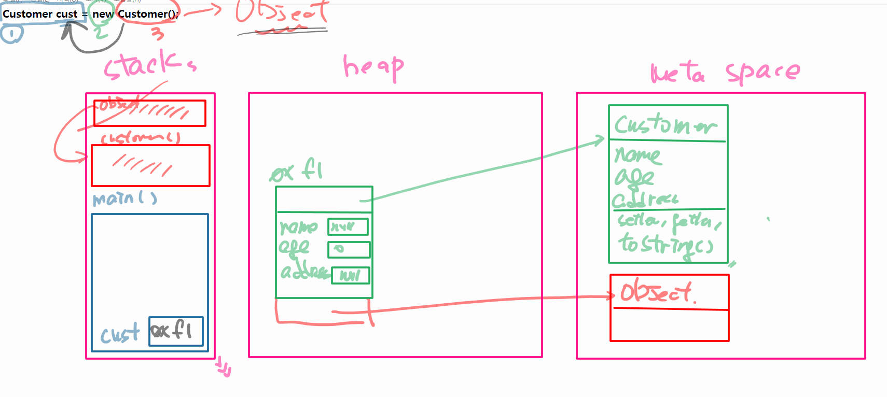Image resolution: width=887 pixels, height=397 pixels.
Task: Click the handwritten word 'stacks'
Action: [x=149, y=65]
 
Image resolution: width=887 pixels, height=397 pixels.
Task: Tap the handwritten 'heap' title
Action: [x=373, y=67]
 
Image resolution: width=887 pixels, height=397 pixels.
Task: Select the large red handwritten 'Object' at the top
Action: [x=282, y=12]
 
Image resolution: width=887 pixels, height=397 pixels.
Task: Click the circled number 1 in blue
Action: [x=11, y=34]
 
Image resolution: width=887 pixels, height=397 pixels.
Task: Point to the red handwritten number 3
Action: [x=157, y=34]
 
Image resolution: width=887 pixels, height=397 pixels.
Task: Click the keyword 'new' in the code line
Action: [x=102, y=15]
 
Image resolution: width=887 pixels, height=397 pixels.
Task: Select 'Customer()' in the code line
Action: [x=148, y=15]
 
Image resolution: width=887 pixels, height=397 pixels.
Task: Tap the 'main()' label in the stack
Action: [x=124, y=198]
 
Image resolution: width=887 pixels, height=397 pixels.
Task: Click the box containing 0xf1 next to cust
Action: [x=176, y=331]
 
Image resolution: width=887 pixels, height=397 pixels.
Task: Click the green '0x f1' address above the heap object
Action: [x=297, y=171]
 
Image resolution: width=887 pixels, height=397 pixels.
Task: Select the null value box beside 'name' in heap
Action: [x=348, y=226]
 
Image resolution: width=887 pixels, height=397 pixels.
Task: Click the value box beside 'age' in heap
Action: [x=349, y=250]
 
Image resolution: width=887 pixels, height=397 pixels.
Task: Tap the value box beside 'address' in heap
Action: [x=351, y=275]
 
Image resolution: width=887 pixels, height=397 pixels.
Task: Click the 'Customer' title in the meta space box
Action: [x=666, y=124]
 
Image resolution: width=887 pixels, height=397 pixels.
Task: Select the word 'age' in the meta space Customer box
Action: [x=634, y=178]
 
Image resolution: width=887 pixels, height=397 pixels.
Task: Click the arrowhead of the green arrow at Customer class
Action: [x=601, y=139]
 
